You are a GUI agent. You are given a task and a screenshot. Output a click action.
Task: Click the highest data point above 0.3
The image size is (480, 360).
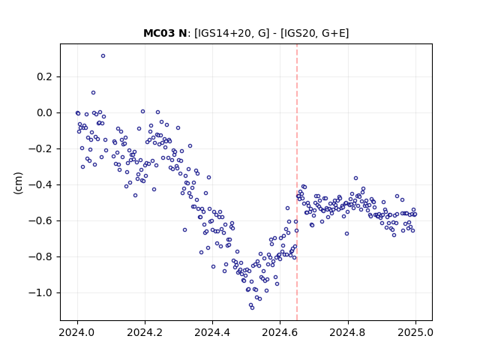coord(103,56)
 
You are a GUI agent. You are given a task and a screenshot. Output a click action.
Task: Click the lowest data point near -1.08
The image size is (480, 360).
coord(252,307)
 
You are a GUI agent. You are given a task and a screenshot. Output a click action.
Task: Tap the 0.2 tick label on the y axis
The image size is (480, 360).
coord(44,76)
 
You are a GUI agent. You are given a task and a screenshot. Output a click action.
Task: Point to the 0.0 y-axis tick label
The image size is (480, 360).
coord(44,113)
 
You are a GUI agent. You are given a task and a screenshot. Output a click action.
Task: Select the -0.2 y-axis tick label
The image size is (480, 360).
coord(40,148)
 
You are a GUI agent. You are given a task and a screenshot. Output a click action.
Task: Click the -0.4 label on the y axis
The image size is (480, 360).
coord(40,185)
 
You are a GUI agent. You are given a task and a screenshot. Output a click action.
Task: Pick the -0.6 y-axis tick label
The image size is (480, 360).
coord(40,220)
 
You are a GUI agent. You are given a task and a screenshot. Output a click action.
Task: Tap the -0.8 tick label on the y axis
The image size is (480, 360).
coord(40,256)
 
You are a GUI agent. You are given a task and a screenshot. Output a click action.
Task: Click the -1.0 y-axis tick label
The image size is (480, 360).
coord(40,293)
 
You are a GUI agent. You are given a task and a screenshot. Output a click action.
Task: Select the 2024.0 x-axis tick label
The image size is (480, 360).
coord(77,332)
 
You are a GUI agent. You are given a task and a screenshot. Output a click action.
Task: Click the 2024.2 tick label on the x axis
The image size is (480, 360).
coord(145,332)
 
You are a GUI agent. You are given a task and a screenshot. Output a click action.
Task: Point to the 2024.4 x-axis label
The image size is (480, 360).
coord(212,332)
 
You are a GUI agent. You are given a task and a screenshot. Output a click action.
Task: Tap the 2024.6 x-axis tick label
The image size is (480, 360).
coord(280,332)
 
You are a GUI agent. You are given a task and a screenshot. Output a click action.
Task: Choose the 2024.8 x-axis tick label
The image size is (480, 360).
coord(348,332)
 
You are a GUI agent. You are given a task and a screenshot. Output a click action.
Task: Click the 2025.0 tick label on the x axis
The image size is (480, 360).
coord(415,332)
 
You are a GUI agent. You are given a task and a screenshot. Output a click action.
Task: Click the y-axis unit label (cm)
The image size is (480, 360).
coord(18,183)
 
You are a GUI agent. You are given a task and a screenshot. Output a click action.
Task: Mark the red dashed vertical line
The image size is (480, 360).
coord(297,182)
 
